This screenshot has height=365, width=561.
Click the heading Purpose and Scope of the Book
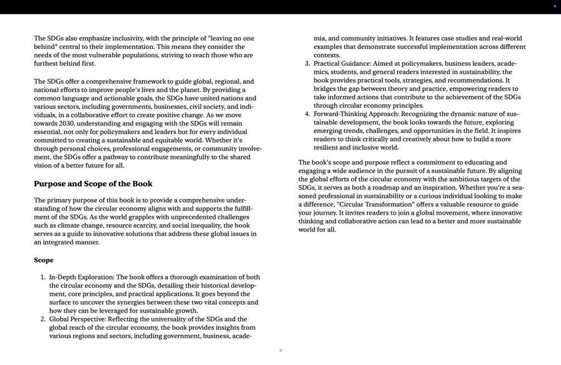(93, 184)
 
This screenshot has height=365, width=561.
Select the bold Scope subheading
(44, 260)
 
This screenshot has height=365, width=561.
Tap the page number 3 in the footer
(280, 350)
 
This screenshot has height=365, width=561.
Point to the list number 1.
(42, 277)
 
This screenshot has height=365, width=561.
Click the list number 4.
(307, 114)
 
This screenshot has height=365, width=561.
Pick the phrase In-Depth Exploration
(81, 277)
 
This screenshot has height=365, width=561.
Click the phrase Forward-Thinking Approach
(356, 114)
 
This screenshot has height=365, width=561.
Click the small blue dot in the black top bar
(554, 6)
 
